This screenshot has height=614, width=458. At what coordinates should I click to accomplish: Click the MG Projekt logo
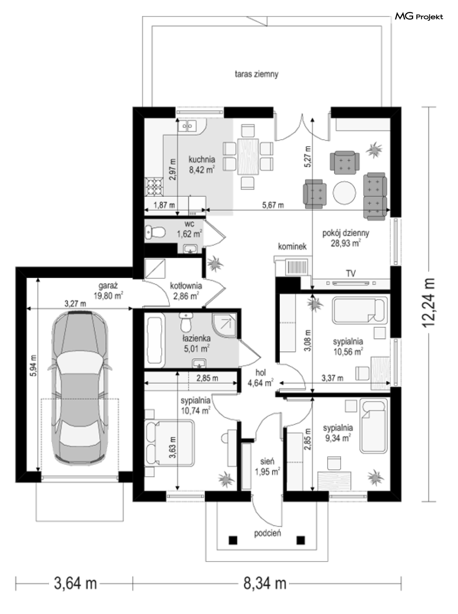(x=418, y=17)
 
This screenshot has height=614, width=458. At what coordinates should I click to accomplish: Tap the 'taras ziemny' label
(x=256, y=74)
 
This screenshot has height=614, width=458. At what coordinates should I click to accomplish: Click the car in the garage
(x=80, y=388)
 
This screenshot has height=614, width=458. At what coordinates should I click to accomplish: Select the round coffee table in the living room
(x=344, y=193)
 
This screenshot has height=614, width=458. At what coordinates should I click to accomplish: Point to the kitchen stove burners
(x=154, y=187)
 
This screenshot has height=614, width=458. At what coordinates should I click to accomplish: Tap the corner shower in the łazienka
(x=224, y=325)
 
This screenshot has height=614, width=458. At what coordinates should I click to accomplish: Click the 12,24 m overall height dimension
(x=428, y=303)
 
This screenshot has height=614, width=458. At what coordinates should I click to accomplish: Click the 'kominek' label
(x=292, y=247)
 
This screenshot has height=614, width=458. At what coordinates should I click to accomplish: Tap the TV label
(x=351, y=273)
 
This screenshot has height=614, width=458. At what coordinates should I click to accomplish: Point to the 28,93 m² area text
(x=345, y=243)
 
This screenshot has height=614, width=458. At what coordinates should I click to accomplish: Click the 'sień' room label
(x=267, y=460)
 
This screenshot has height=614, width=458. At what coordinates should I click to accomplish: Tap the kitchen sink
(x=188, y=126)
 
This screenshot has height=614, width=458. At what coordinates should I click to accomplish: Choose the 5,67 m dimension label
(x=273, y=205)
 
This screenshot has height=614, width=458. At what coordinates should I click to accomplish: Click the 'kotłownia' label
(x=186, y=286)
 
